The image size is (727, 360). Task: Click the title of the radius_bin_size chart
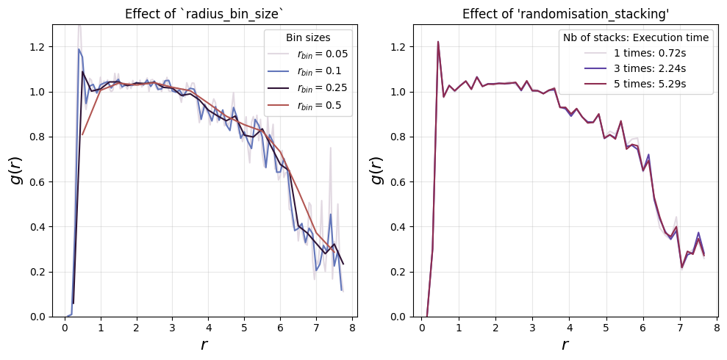click(x=205, y=14)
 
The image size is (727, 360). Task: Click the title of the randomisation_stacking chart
click(x=562, y=14)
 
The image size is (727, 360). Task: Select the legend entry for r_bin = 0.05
click(x=308, y=54)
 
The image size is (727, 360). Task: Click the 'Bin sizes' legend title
click(x=308, y=38)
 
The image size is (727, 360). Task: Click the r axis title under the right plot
click(x=565, y=345)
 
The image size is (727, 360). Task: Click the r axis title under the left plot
click(x=204, y=345)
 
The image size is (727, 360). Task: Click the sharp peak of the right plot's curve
click(x=437, y=41)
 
